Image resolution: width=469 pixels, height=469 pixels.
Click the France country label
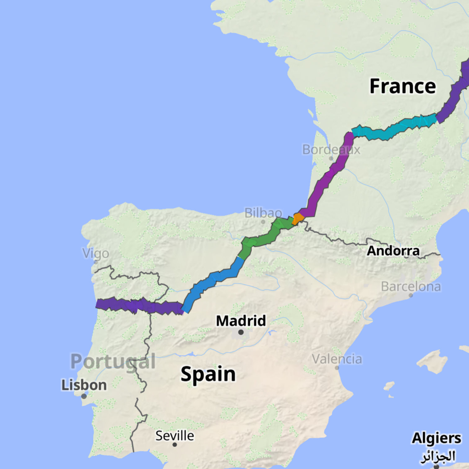coord(403,86)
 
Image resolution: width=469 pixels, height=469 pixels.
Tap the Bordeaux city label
coord(331,150)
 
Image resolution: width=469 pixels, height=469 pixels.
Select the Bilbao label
coord(263,213)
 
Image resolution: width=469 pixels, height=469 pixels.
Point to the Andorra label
coord(393,251)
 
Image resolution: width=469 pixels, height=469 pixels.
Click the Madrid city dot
coord(241,332)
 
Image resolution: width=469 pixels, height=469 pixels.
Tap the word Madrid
coord(241,321)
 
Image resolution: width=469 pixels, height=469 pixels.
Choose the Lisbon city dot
coord(84,396)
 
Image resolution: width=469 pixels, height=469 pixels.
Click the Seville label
coord(175,435)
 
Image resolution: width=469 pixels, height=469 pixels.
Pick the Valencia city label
coord(337,359)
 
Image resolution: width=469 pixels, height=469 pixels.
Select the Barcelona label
coord(411,287)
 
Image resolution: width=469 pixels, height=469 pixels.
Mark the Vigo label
coord(96,253)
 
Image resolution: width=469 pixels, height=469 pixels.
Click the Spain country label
coord(208,374)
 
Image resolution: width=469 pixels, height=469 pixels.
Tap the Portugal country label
coord(113,361)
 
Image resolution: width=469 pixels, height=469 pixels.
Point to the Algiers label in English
coord(436,438)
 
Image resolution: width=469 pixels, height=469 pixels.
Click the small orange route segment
coord(298,218)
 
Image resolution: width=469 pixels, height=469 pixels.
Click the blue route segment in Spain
coord(214,279)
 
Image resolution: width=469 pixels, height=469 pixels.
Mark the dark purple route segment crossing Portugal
coord(140,306)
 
